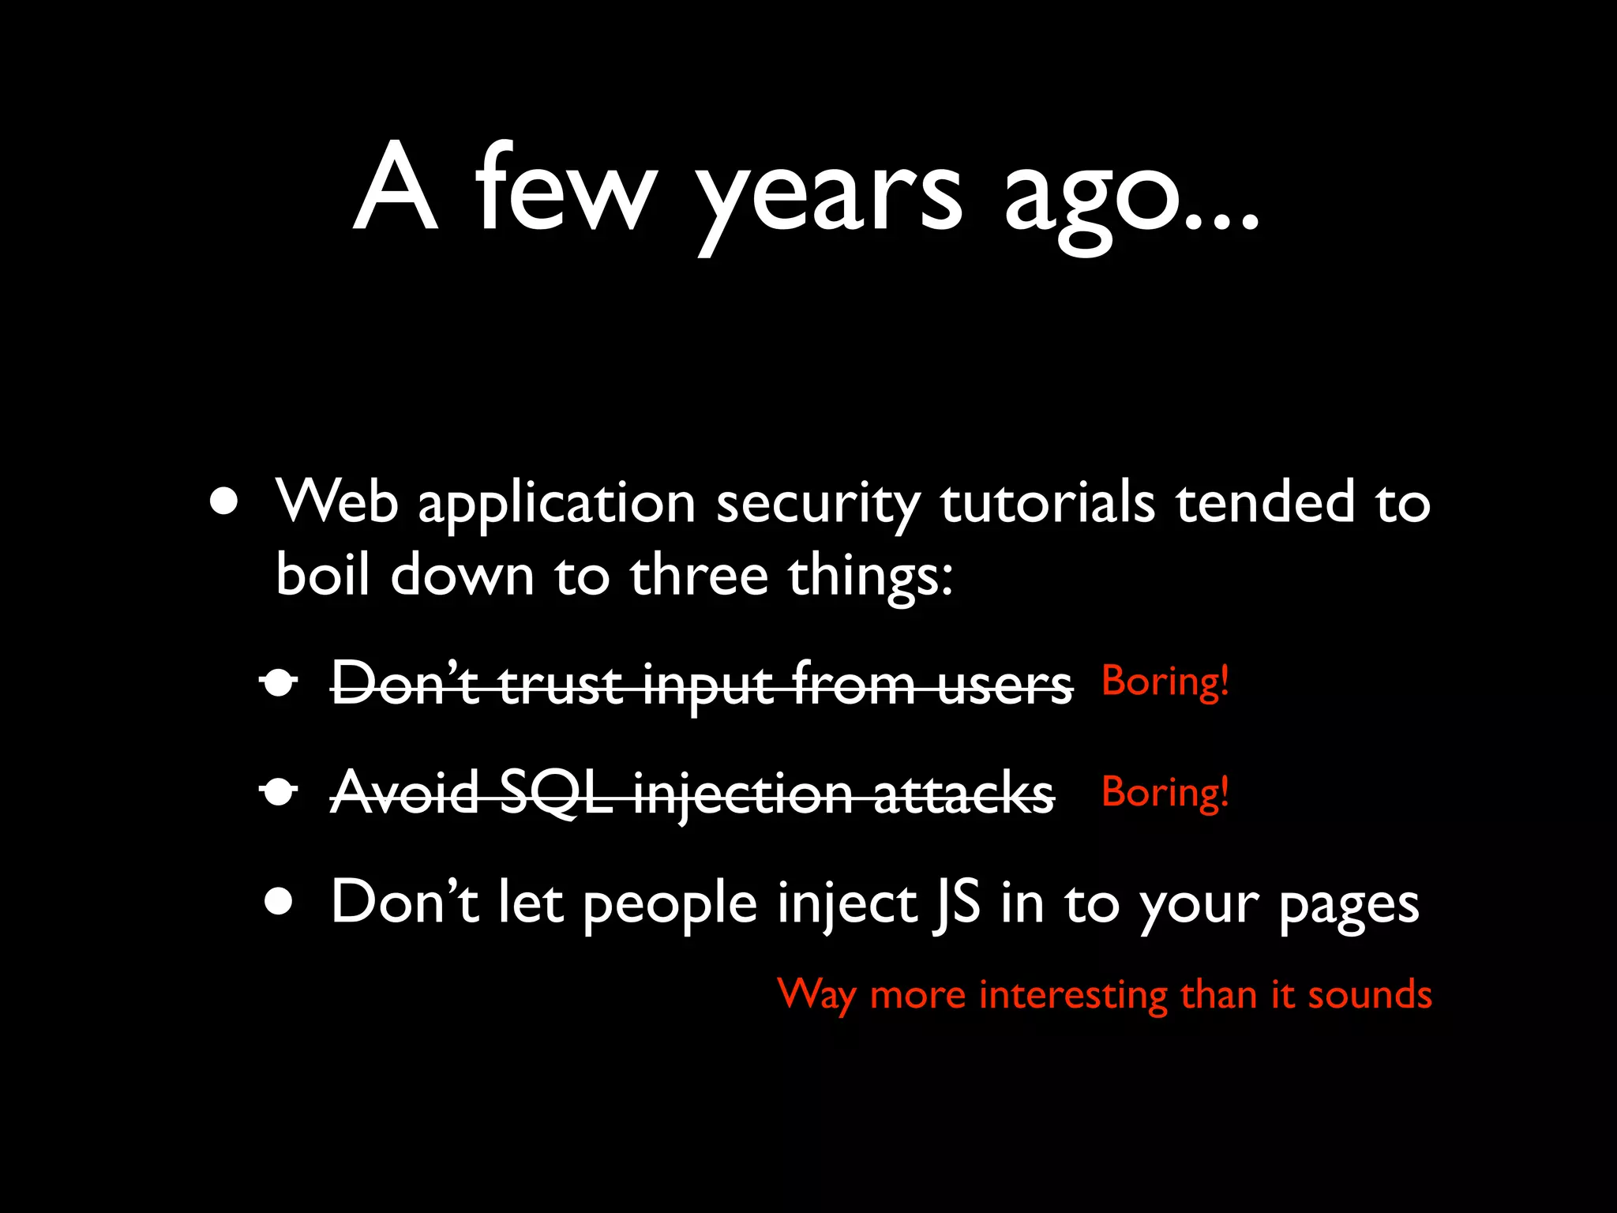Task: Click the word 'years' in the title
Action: (x=829, y=197)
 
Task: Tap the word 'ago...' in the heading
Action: (x=1131, y=197)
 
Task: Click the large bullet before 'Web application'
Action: (x=224, y=501)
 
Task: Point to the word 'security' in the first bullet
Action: (x=818, y=505)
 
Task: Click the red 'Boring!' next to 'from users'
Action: (x=1165, y=681)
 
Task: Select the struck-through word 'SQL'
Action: (x=557, y=793)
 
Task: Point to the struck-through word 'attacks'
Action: (x=963, y=793)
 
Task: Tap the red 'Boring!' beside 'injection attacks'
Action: (x=1165, y=791)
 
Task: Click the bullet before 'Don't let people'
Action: (x=279, y=901)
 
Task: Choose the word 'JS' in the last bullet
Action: (x=956, y=903)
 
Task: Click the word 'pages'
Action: (x=1349, y=907)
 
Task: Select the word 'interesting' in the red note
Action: (x=1073, y=995)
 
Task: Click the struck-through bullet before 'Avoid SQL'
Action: (x=279, y=791)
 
